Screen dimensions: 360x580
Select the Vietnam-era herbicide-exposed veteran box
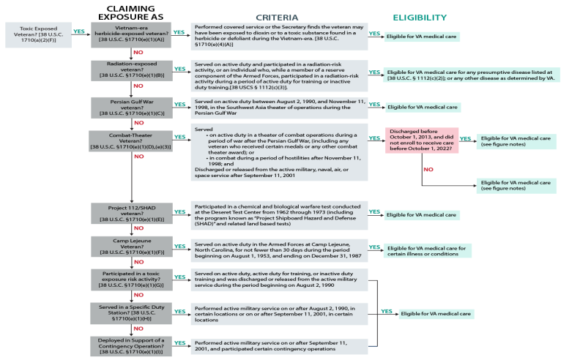point(132,34)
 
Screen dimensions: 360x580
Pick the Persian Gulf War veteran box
point(132,106)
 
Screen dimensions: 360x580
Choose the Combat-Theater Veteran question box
point(132,142)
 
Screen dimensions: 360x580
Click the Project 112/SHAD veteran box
point(132,211)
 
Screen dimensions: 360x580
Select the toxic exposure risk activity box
point(132,279)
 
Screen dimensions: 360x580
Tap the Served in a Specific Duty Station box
point(132,312)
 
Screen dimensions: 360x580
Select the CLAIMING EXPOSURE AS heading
point(132,12)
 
